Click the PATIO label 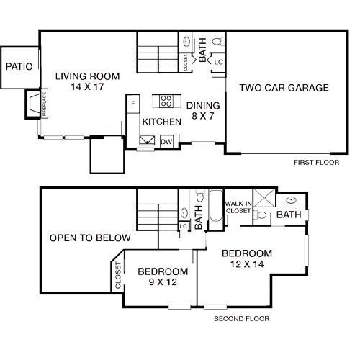[19, 66]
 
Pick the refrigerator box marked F [132, 104]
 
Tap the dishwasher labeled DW [166, 142]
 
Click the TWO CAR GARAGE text [284, 88]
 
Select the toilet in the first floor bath [220, 45]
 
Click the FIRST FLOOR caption [316, 163]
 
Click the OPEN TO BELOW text [90, 238]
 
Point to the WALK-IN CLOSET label [238, 207]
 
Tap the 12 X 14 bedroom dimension [247, 265]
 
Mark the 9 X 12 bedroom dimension [163, 283]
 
